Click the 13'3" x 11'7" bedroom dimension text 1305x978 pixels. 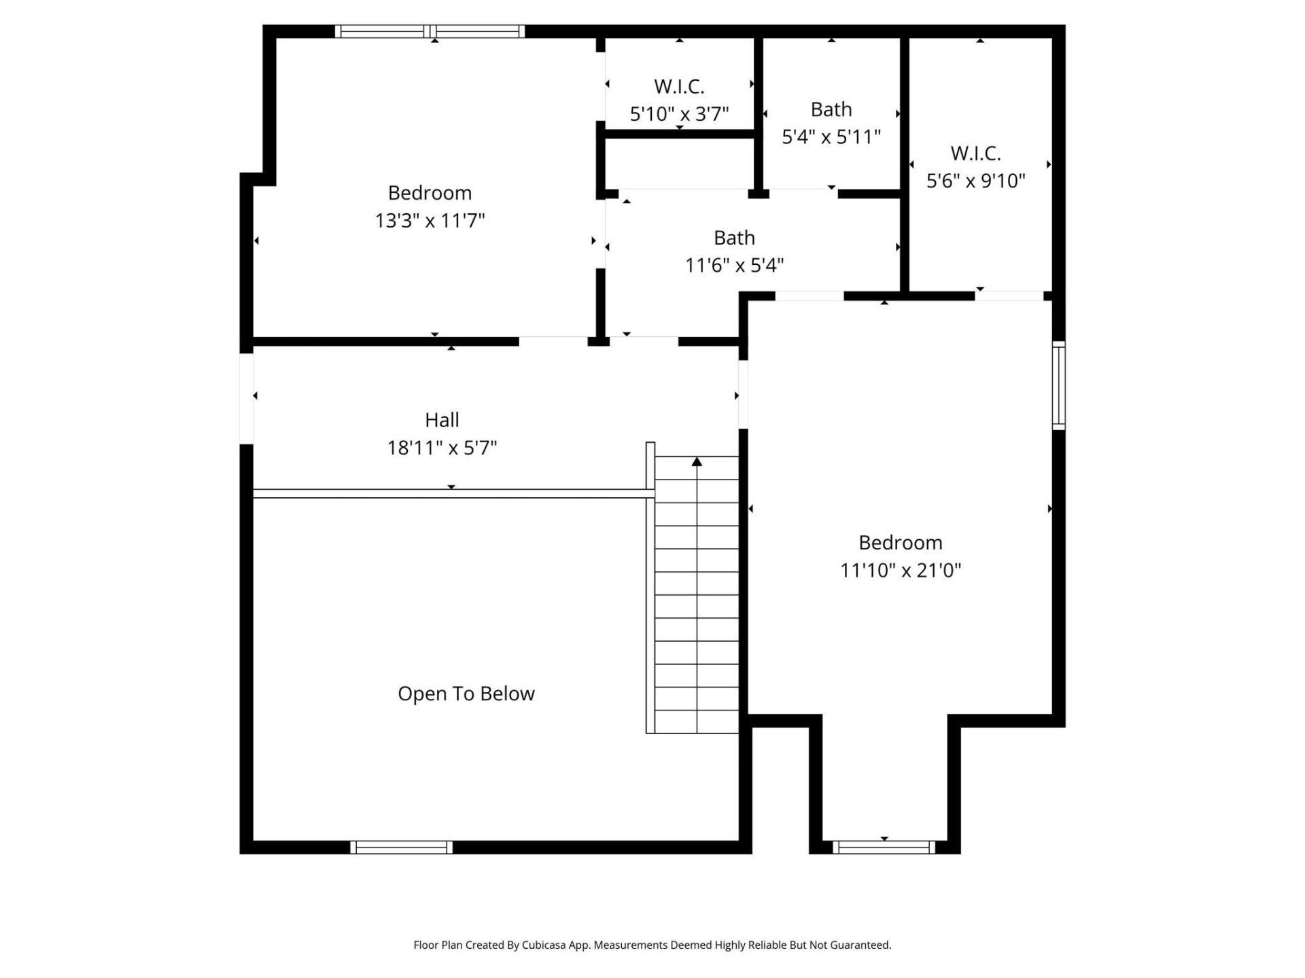coord(430,221)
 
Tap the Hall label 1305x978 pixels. coord(442,420)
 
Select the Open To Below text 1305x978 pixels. coord(466,693)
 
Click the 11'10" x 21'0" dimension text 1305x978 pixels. coord(900,570)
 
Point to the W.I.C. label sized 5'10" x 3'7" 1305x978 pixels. coord(679,86)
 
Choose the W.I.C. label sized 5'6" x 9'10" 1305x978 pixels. coord(975,153)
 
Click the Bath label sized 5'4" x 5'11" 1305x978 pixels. coord(831,109)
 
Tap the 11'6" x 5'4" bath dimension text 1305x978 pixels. coord(734,265)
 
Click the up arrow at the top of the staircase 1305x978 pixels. coord(697,462)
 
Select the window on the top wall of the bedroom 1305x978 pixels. coord(430,31)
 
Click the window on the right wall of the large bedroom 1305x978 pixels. coord(1058,385)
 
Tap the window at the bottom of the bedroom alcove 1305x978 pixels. coord(884,847)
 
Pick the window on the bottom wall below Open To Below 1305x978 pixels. coord(401,847)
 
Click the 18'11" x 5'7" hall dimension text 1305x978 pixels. coord(442,448)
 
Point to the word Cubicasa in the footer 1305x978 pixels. coord(544,945)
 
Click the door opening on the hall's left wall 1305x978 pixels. coord(246,399)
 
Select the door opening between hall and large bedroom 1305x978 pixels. coord(743,395)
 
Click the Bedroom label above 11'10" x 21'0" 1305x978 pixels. coord(900,542)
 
